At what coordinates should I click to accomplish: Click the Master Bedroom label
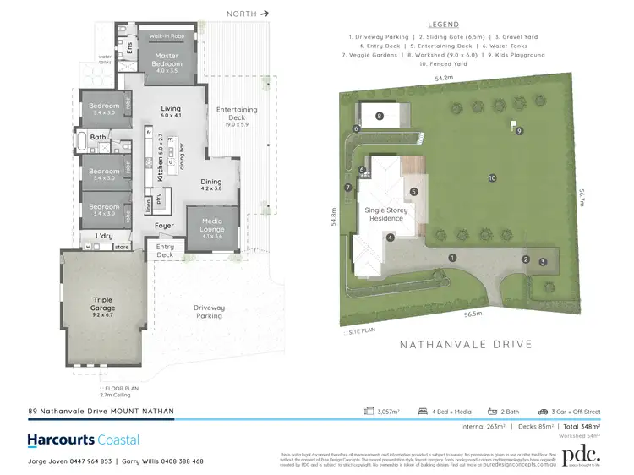[167, 60]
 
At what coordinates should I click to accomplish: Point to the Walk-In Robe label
[167, 37]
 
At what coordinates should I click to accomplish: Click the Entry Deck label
[165, 251]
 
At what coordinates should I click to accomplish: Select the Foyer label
[165, 226]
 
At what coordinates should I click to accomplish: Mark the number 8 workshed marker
[380, 116]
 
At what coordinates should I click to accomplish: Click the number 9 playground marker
[519, 130]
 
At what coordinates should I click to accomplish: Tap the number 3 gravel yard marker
[543, 262]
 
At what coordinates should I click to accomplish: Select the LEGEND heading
[444, 25]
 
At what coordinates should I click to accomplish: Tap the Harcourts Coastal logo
[84, 440]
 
